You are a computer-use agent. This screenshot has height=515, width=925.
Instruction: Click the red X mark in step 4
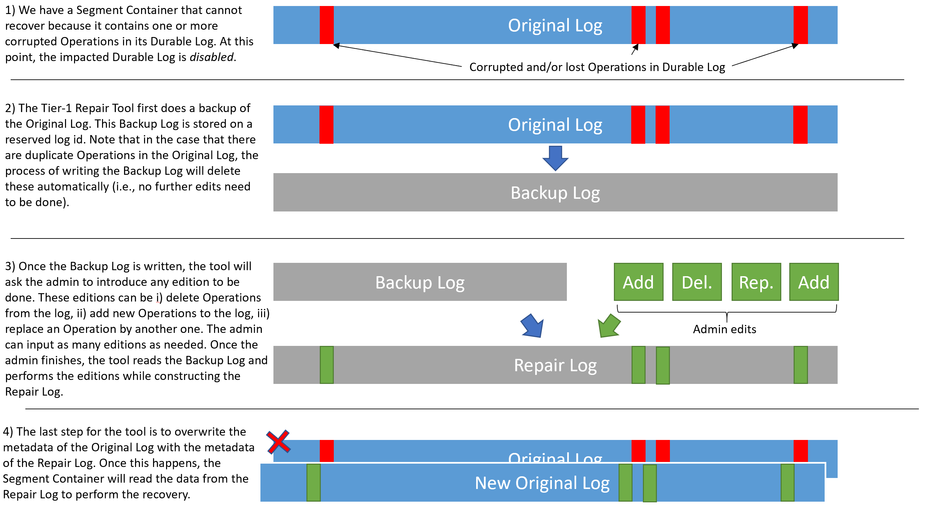(279, 442)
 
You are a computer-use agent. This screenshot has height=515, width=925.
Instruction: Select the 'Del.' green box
(697, 282)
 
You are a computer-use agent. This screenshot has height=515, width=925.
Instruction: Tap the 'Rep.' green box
(756, 282)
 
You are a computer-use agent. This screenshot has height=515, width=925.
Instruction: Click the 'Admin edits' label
(724, 329)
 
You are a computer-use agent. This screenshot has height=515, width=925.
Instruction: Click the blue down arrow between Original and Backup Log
(555, 158)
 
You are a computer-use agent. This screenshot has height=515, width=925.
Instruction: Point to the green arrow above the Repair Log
(609, 326)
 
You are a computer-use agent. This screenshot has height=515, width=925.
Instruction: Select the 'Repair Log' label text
(555, 366)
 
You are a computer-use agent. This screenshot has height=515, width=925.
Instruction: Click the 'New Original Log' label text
(542, 483)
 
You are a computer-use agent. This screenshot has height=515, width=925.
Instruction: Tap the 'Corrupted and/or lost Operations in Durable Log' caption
(597, 67)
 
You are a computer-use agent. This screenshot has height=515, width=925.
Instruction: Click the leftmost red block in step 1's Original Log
(327, 25)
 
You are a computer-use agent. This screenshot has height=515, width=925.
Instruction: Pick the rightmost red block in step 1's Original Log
(800, 25)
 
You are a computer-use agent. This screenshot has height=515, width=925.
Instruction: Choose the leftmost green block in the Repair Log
(327, 365)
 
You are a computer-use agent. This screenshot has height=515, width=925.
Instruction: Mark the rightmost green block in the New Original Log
(788, 483)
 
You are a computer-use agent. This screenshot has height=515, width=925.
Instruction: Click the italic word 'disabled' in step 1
(211, 57)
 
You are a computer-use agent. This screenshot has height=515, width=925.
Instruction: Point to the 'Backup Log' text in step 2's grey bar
(555, 193)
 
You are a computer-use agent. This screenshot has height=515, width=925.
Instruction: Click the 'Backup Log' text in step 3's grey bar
(420, 283)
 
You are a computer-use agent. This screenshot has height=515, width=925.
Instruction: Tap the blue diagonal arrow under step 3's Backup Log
(532, 326)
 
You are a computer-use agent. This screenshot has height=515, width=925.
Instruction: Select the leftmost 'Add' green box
(639, 282)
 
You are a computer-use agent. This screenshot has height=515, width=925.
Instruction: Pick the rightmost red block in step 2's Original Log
(800, 125)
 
